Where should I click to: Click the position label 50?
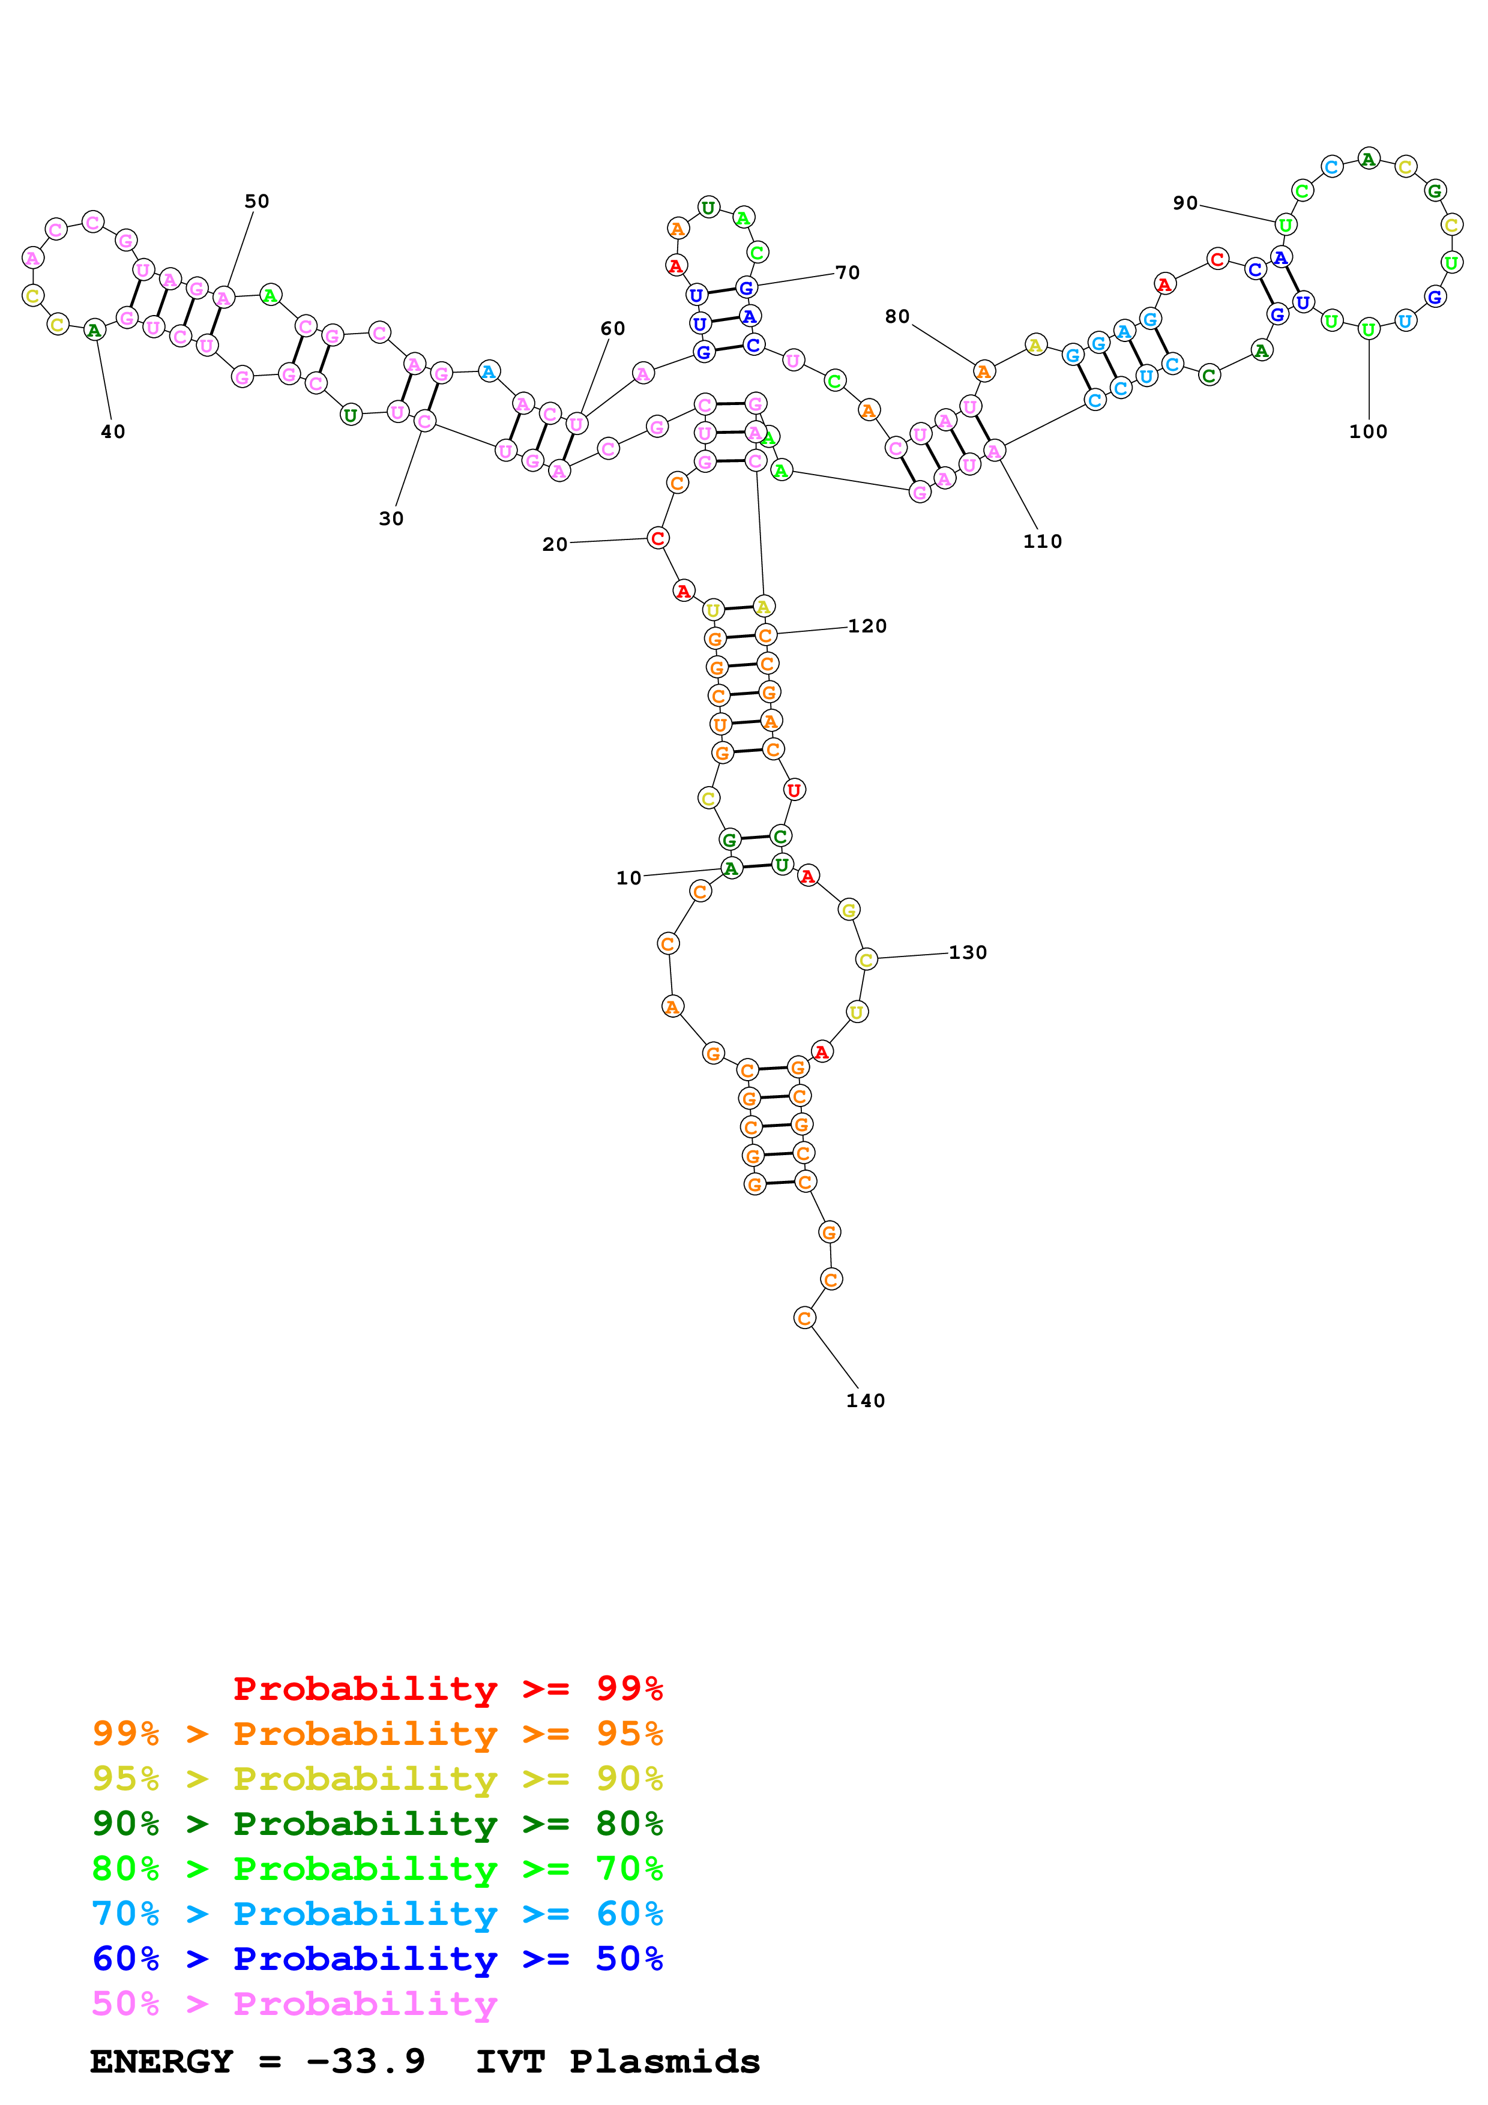pos(257,202)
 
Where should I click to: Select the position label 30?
pos(391,519)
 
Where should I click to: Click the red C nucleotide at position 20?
pos(657,538)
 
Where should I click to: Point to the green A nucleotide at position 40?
pos(94,330)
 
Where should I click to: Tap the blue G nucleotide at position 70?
pos(746,288)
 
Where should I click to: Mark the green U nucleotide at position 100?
pos(1368,329)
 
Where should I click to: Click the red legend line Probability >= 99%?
pos(447,1688)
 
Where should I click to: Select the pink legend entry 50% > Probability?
pos(294,2003)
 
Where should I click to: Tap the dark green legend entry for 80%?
pos(378,1824)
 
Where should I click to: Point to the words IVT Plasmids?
pos(617,2061)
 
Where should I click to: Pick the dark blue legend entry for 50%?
pos(378,1959)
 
